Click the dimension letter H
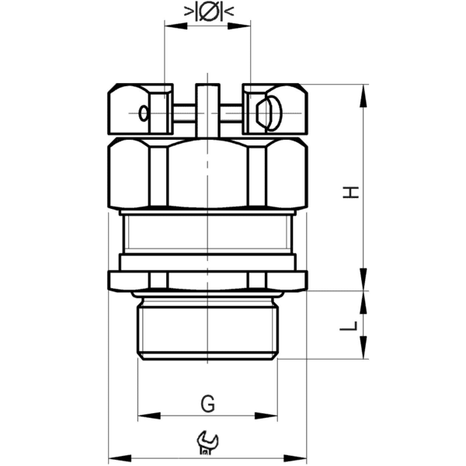353,191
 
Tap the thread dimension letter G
207,404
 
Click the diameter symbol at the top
207,12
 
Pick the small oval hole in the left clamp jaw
142,114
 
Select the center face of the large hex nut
207,175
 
